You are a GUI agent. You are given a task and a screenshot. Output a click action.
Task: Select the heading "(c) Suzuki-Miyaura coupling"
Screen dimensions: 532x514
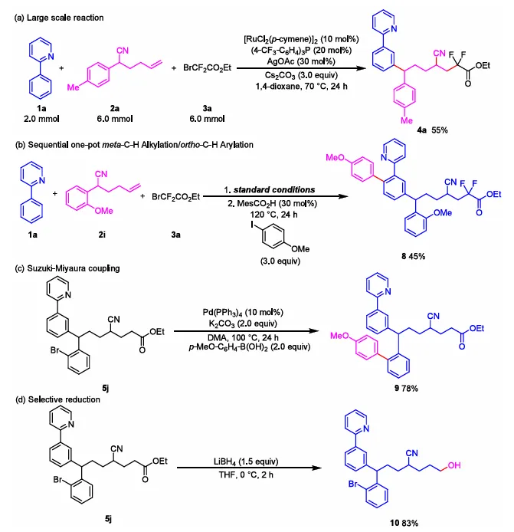coord(59,269)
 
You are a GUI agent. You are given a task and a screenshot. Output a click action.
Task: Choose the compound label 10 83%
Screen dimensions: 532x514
coord(415,524)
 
